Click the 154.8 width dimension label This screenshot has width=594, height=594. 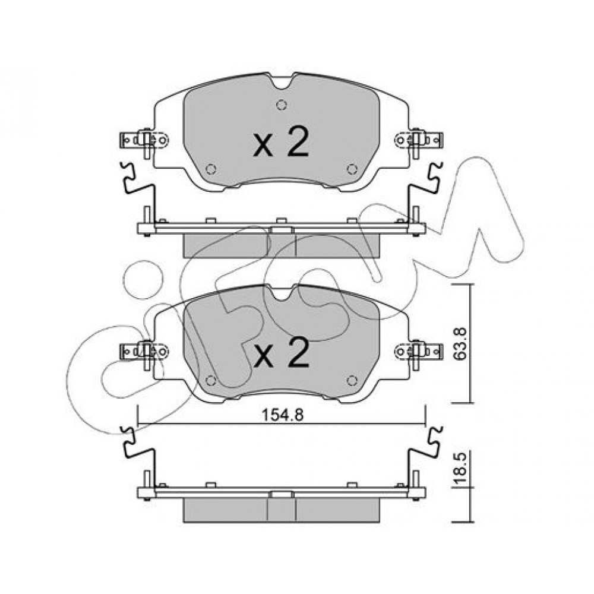pyautogui.click(x=283, y=415)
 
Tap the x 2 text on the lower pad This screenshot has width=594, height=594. pyautogui.click(x=281, y=353)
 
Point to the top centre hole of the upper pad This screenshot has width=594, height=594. pyautogui.click(x=282, y=105)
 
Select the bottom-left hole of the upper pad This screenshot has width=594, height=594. pyautogui.click(x=211, y=169)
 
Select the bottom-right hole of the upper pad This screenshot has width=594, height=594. pyautogui.click(x=352, y=169)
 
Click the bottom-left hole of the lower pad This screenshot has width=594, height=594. pyautogui.click(x=211, y=380)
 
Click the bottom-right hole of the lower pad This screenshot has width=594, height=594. pyautogui.click(x=352, y=380)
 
